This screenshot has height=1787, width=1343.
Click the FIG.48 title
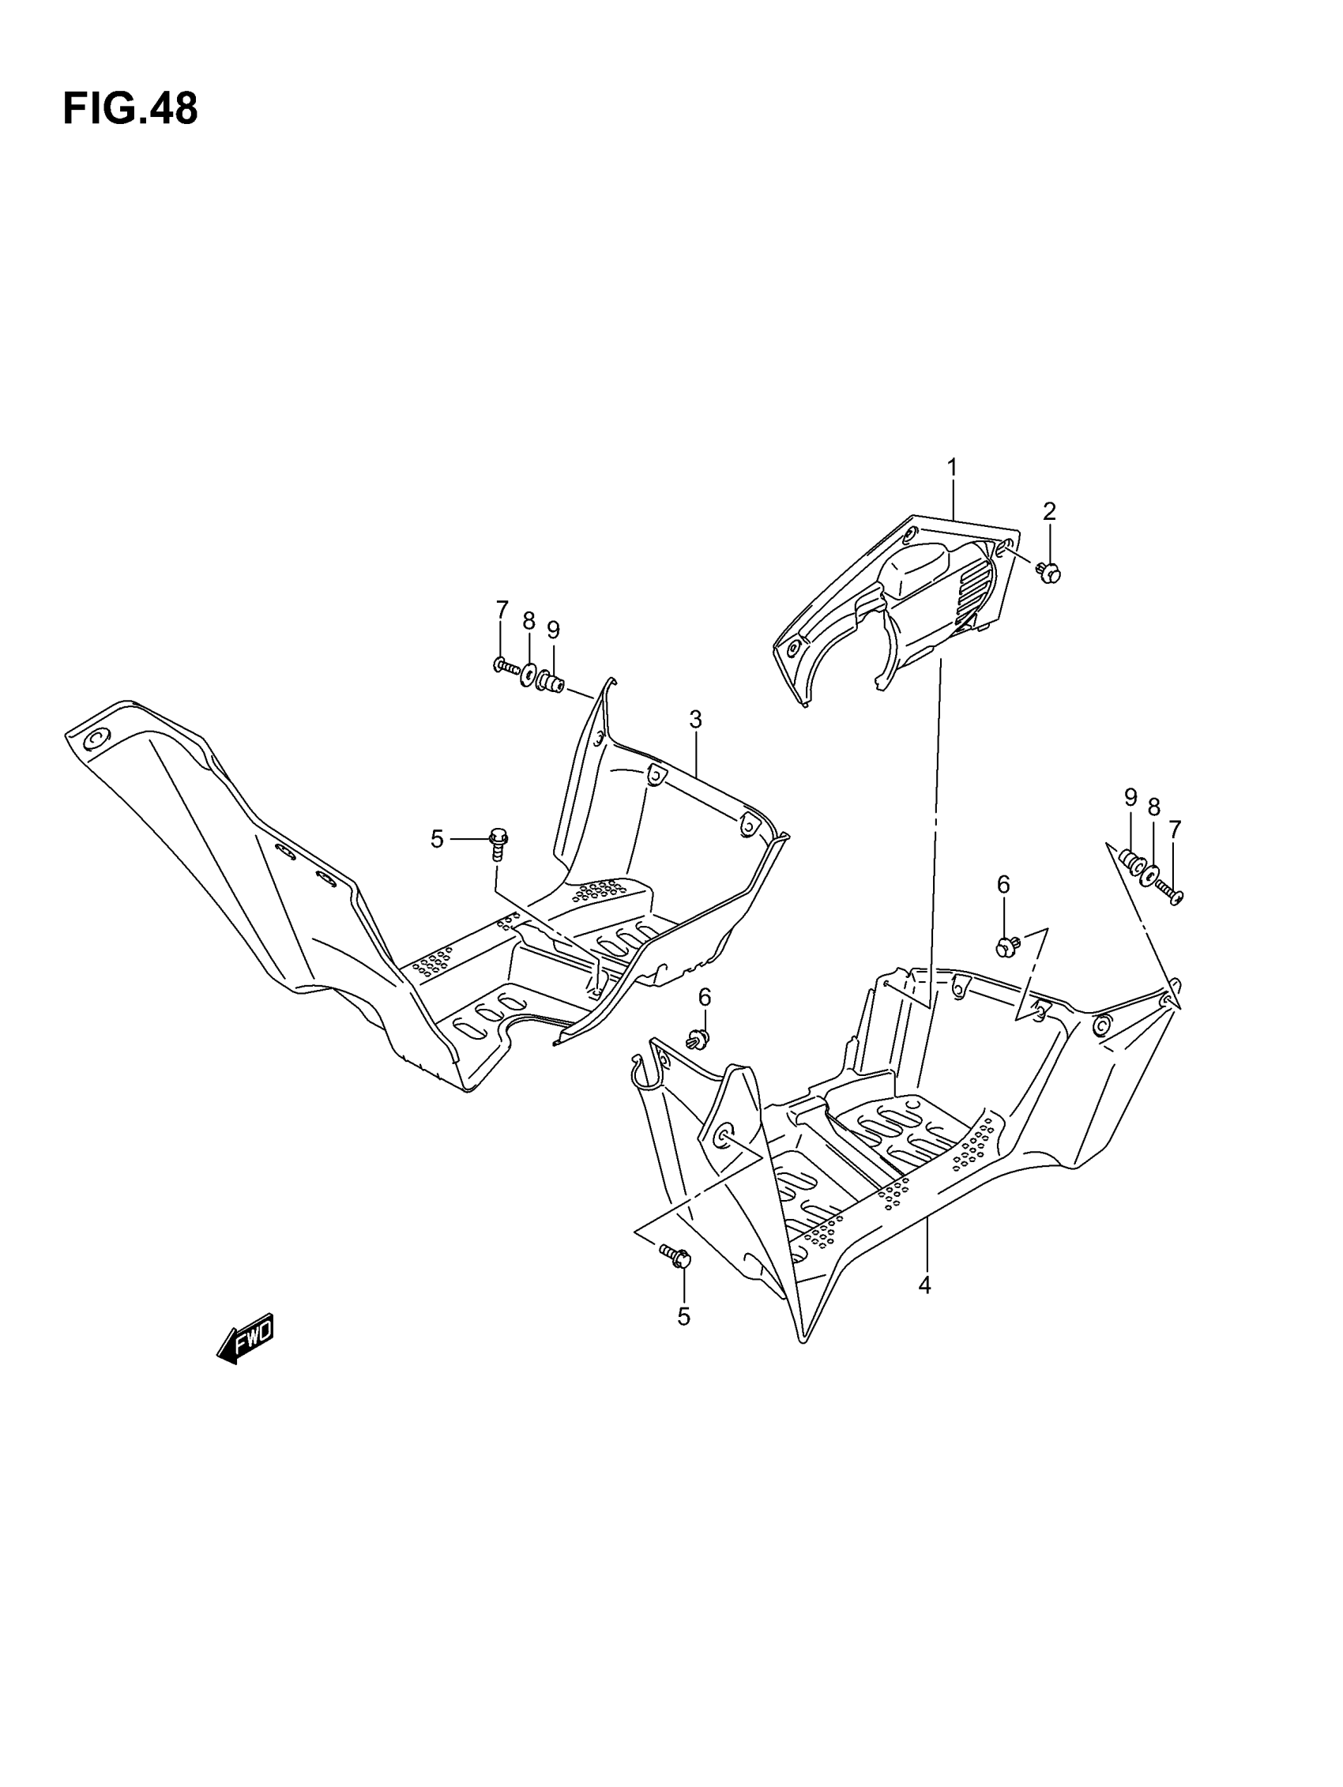point(130,109)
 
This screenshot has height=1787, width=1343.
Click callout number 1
point(952,468)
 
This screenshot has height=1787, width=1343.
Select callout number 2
point(1049,511)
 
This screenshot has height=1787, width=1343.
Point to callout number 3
point(695,719)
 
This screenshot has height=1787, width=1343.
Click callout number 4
point(925,1285)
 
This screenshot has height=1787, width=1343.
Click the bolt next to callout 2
point(1048,574)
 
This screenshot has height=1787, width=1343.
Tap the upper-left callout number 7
point(502,608)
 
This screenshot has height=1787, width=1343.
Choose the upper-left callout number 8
point(529,620)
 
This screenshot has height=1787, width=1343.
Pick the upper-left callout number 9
point(554,630)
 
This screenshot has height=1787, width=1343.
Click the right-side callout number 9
point(1130,798)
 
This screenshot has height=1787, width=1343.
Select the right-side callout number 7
point(1175,830)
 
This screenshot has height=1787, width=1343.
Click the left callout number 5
point(437,839)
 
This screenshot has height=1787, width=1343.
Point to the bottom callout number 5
point(683,1318)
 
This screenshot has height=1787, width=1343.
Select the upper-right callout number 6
point(1003,885)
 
